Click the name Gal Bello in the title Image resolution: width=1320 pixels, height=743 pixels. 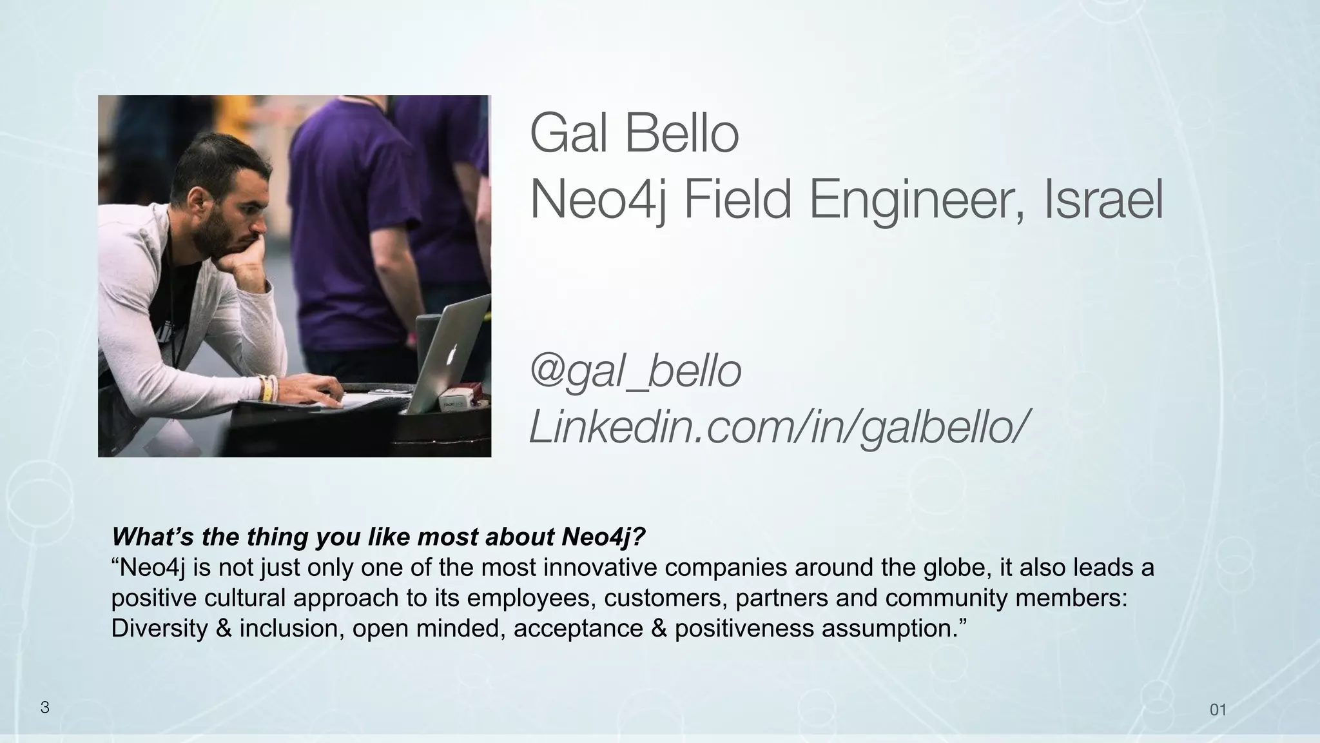pos(634,134)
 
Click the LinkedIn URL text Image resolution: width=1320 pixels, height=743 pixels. pos(775,426)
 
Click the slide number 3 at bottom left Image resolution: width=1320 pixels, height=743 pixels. pos(44,708)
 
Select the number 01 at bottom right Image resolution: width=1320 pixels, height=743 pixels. pos(1218,710)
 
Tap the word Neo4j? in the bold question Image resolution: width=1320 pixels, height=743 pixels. pos(603,537)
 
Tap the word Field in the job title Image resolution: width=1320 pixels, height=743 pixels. pos(737,200)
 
